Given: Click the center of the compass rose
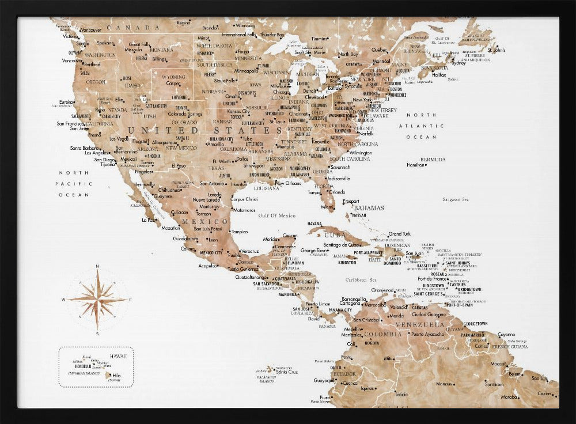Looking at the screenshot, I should click(97, 300).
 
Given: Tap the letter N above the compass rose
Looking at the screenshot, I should click(97, 266).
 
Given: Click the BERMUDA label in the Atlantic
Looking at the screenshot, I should click(433, 160).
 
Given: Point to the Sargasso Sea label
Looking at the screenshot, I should click(456, 199).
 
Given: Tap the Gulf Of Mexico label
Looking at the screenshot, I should click(276, 215).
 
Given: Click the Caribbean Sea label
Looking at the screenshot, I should click(356, 280).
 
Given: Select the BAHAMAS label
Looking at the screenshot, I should click(369, 207).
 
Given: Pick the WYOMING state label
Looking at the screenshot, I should click(173, 77).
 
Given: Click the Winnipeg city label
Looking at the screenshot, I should click(245, 26).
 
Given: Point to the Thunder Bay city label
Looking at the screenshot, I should click(272, 35).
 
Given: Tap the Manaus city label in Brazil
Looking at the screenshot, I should click(444, 384).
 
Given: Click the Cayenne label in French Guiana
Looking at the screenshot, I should click(506, 334).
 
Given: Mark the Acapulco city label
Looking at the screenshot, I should click(207, 266).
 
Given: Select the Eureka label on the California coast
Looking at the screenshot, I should click(66, 102).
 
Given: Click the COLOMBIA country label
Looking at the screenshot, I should click(382, 334).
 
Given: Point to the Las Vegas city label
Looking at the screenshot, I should click(119, 139).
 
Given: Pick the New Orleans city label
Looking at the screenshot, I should click(289, 183).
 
